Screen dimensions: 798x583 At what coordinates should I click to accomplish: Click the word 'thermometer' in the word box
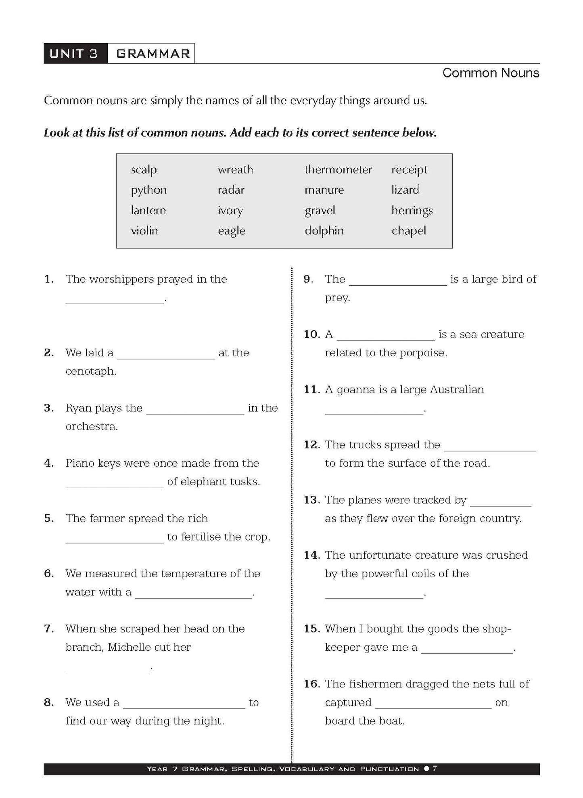click(x=338, y=169)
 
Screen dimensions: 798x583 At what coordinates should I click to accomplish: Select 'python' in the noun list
click(x=148, y=190)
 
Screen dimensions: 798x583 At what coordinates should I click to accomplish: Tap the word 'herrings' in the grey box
click(x=412, y=211)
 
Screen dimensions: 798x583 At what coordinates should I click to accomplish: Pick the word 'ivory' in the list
click(x=230, y=211)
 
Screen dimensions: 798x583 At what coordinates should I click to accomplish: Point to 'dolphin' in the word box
click(x=324, y=231)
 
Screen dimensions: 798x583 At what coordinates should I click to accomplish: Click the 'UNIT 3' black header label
click(x=75, y=54)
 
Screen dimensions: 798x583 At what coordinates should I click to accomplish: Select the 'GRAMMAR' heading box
click(x=153, y=54)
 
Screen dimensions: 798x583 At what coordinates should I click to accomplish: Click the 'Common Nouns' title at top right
click(x=491, y=73)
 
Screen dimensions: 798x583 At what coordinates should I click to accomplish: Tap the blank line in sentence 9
click(x=398, y=282)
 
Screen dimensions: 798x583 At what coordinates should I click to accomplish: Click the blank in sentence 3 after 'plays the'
click(x=195, y=412)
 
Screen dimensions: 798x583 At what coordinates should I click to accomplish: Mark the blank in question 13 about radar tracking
click(x=501, y=503)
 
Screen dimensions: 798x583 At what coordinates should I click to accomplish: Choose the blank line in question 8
click(x=184, y=706)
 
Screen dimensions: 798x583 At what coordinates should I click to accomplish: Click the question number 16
click(x=312, y=684)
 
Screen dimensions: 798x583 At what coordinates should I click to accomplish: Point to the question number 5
click(x=49, y=518)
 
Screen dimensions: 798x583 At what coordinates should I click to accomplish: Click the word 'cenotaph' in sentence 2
click(x=91, y=371)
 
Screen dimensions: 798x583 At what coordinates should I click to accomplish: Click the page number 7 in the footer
click(x=435, y=769)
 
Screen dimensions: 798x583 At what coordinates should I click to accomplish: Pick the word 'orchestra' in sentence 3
click(x=92, y=426)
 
